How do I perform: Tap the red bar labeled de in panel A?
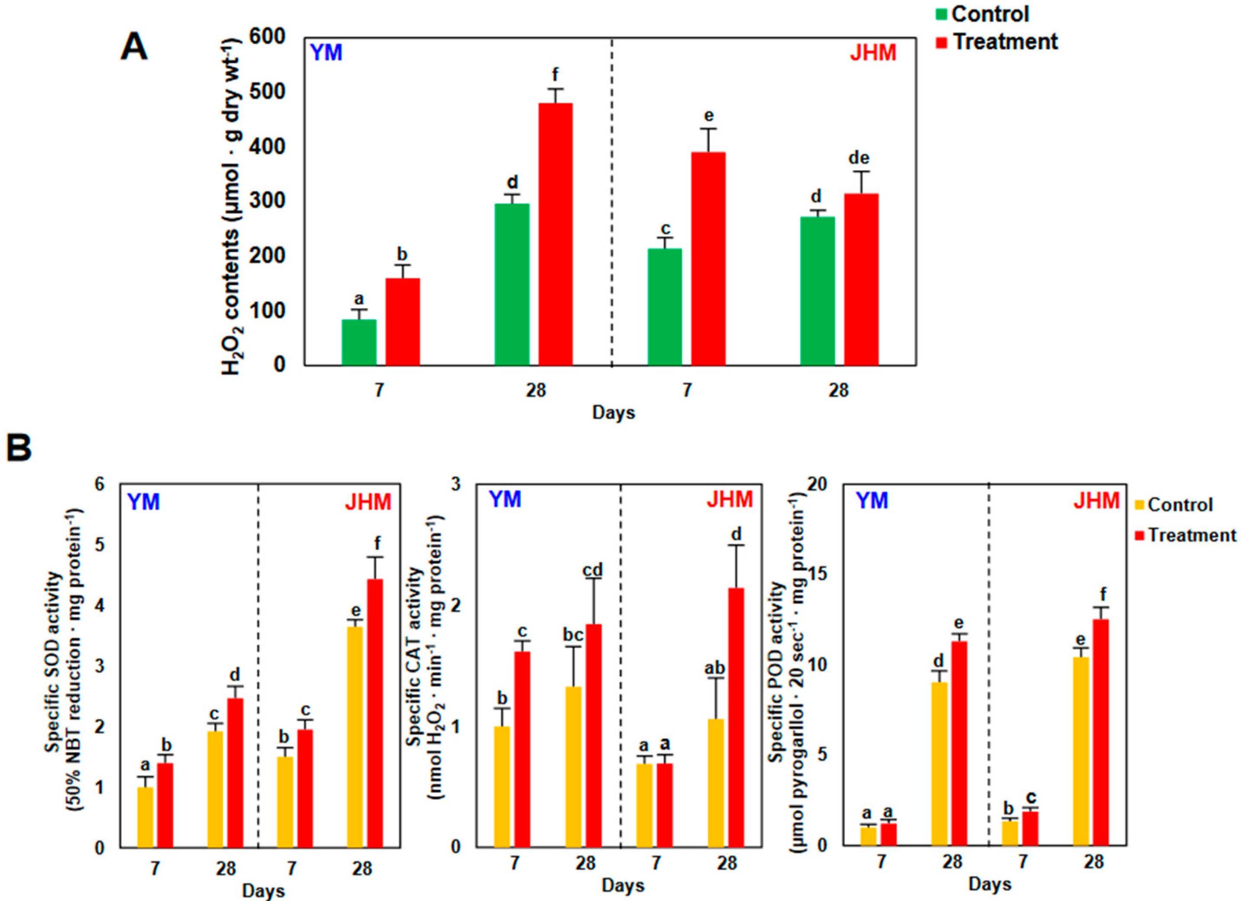tap(861, 280)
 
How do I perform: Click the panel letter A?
tap(133, 48)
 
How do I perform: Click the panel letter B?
tap(19, 448)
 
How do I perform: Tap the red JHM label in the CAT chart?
tap(730, 500)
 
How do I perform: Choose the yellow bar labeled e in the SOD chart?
tap(355, 737)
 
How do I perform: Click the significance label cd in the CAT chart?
tap(593, 571)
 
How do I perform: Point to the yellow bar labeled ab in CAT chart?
tap(716, 783)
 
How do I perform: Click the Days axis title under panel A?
tap(613, 413)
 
